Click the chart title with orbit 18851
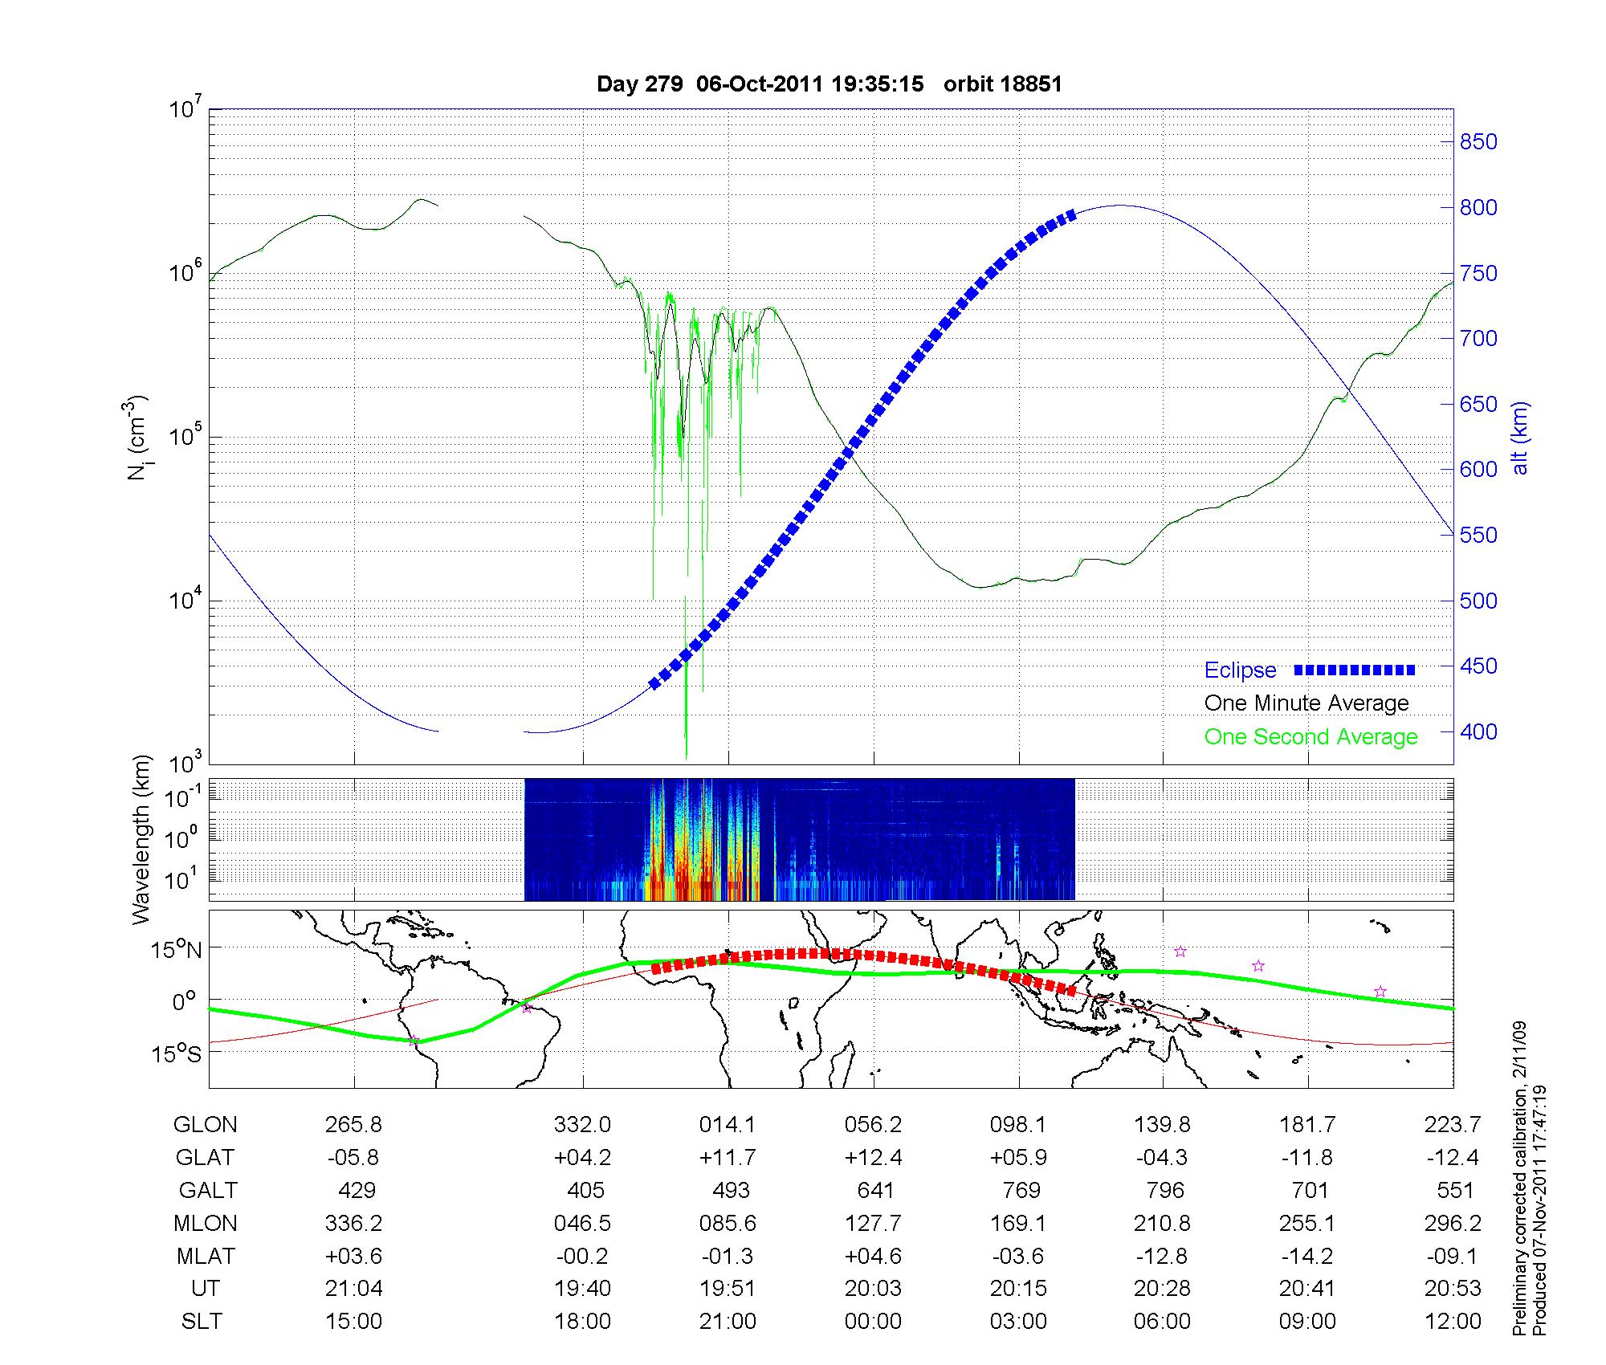coord(829,84)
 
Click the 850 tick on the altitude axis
coord(1478,142)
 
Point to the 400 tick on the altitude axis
coord(1478,731)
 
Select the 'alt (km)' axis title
coord(1520,438)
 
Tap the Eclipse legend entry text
coord(1240,670)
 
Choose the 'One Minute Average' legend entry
coord(1306,703)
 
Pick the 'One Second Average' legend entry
coord(1310,737)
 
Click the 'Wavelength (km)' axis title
coord(142,839)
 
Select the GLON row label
coord(205,1125)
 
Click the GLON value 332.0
coord(582,1125)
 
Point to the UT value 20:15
coord(1018,1289)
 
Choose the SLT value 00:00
coord(873,1321)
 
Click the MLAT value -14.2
coord(1308,1256)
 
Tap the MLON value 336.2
coord(353,1223)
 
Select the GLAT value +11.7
coord(728,1158)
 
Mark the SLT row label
coord(202,1321)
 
